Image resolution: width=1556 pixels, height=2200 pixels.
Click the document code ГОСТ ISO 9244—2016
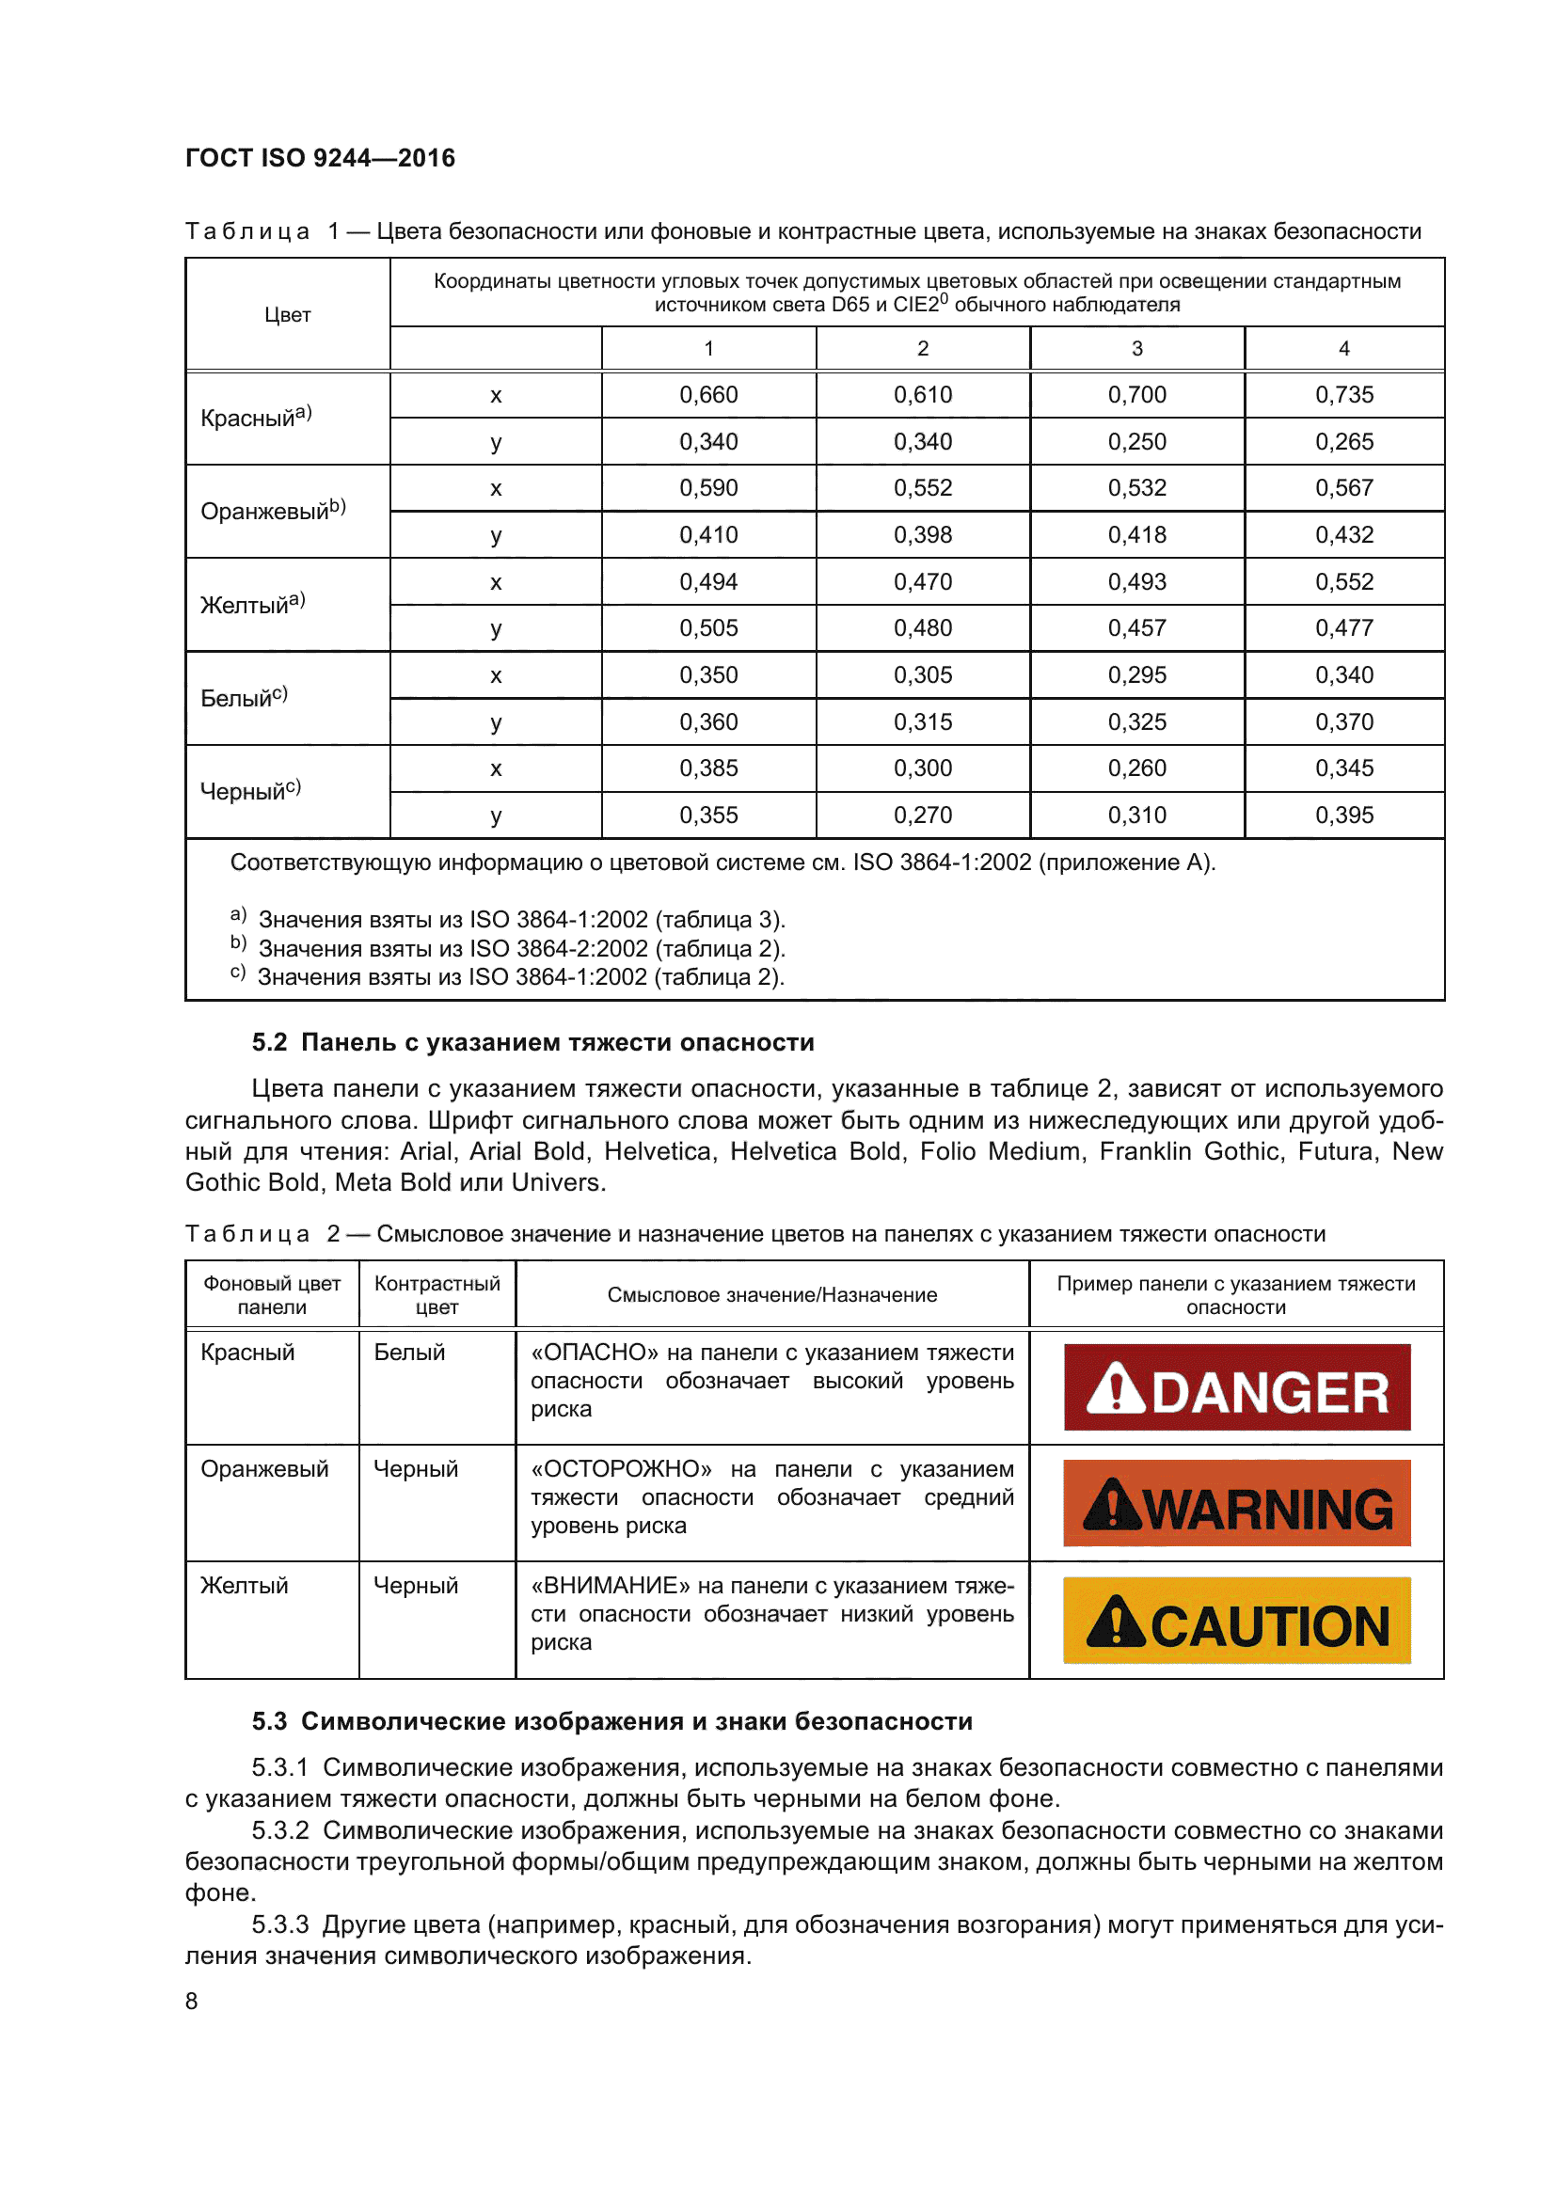point(320,158)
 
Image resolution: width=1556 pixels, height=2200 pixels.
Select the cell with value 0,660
point(708,395)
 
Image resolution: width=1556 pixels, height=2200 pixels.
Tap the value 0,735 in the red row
point(1343,395)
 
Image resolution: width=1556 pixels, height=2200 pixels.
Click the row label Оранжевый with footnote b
point(272,511)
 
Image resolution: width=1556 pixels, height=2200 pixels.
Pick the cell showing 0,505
point(708,628)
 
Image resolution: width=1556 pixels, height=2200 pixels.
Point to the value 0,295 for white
point(1136,675)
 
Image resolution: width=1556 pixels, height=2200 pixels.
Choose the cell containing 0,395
point(1343,815)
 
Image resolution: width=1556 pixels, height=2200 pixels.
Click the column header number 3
point(1136,349)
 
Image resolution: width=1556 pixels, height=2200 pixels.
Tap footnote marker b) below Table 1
point(238,943)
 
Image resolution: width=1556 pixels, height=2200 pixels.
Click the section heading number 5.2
point(269,1042)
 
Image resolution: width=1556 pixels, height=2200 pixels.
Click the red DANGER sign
point(1236,1387)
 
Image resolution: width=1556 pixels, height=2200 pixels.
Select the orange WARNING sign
point(1236,1503)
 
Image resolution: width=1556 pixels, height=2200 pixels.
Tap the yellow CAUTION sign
point(1236,1621)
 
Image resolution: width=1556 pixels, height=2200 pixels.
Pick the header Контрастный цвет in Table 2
point(437,1294)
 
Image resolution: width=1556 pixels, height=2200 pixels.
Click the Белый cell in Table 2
point(409,1352)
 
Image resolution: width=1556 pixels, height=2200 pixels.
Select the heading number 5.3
point(269,1721)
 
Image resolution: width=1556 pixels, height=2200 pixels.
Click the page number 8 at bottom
point(192,2001)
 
